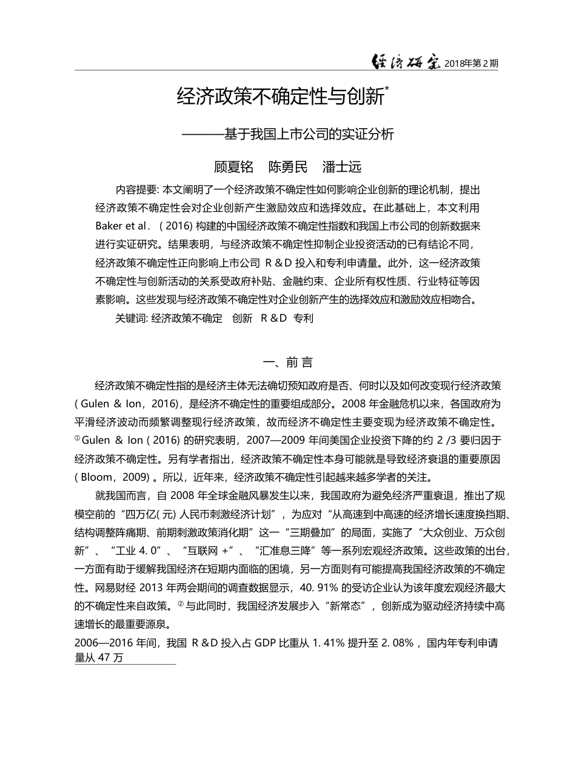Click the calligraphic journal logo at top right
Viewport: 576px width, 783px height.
click(406, 61)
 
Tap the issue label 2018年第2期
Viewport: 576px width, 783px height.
click(472, 63)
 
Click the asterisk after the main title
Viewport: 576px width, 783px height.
click(387, 90)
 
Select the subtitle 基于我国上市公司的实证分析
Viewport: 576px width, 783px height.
click(309, 134)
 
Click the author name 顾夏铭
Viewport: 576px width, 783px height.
click(234, 167)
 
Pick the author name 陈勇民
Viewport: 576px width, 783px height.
click(288, 167)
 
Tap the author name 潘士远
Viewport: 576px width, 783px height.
click(342, 167)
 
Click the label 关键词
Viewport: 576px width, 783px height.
click(131, 319)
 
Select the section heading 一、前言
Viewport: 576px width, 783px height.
click(287, 363)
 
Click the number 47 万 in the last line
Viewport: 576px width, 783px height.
click(110, 659)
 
